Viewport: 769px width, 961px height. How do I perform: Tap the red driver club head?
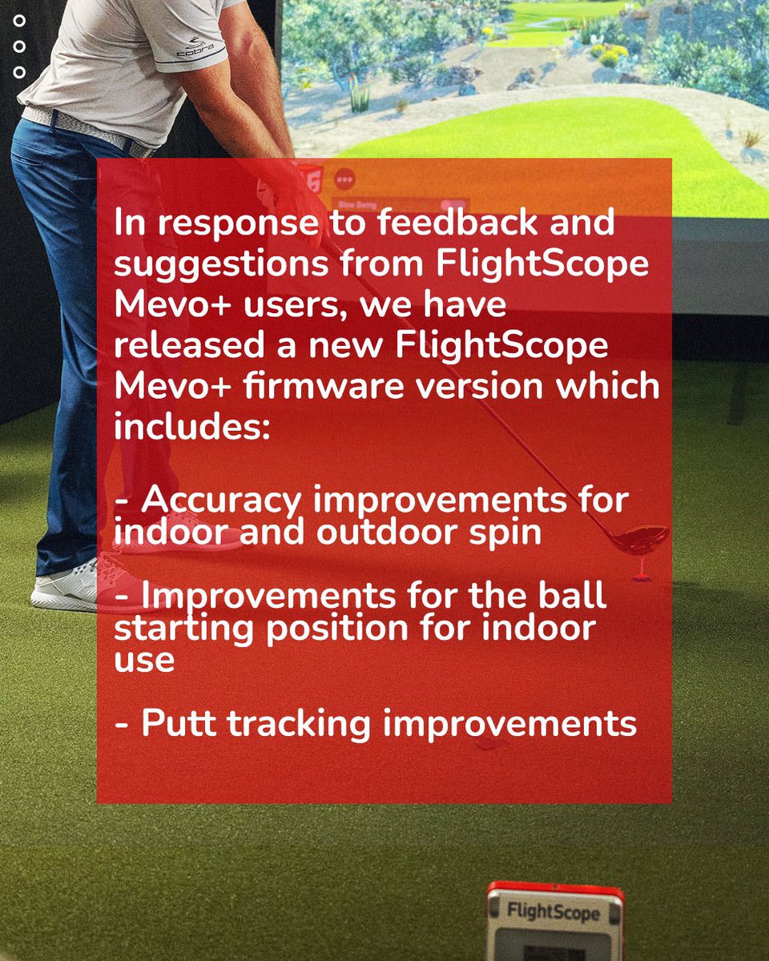(641, 539)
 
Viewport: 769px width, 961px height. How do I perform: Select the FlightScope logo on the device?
(554, 911)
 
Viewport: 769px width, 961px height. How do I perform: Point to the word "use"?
(144, 662)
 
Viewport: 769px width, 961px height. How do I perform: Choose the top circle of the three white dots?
(20, 19)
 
